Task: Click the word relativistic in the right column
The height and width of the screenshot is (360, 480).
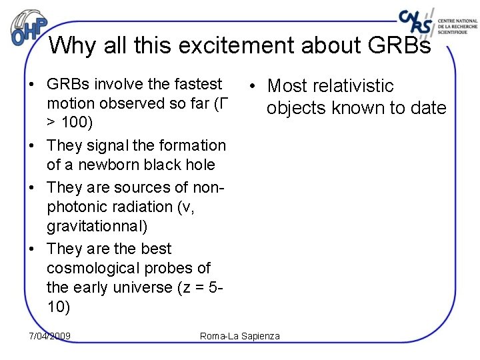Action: coord(352,86)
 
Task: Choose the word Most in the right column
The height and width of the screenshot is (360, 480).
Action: coord(286,86)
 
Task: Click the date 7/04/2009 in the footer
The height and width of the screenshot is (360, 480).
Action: coord(50,336)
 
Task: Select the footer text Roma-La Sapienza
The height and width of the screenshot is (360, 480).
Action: coord(240,336)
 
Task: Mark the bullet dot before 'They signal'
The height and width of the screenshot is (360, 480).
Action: coord(31,146)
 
